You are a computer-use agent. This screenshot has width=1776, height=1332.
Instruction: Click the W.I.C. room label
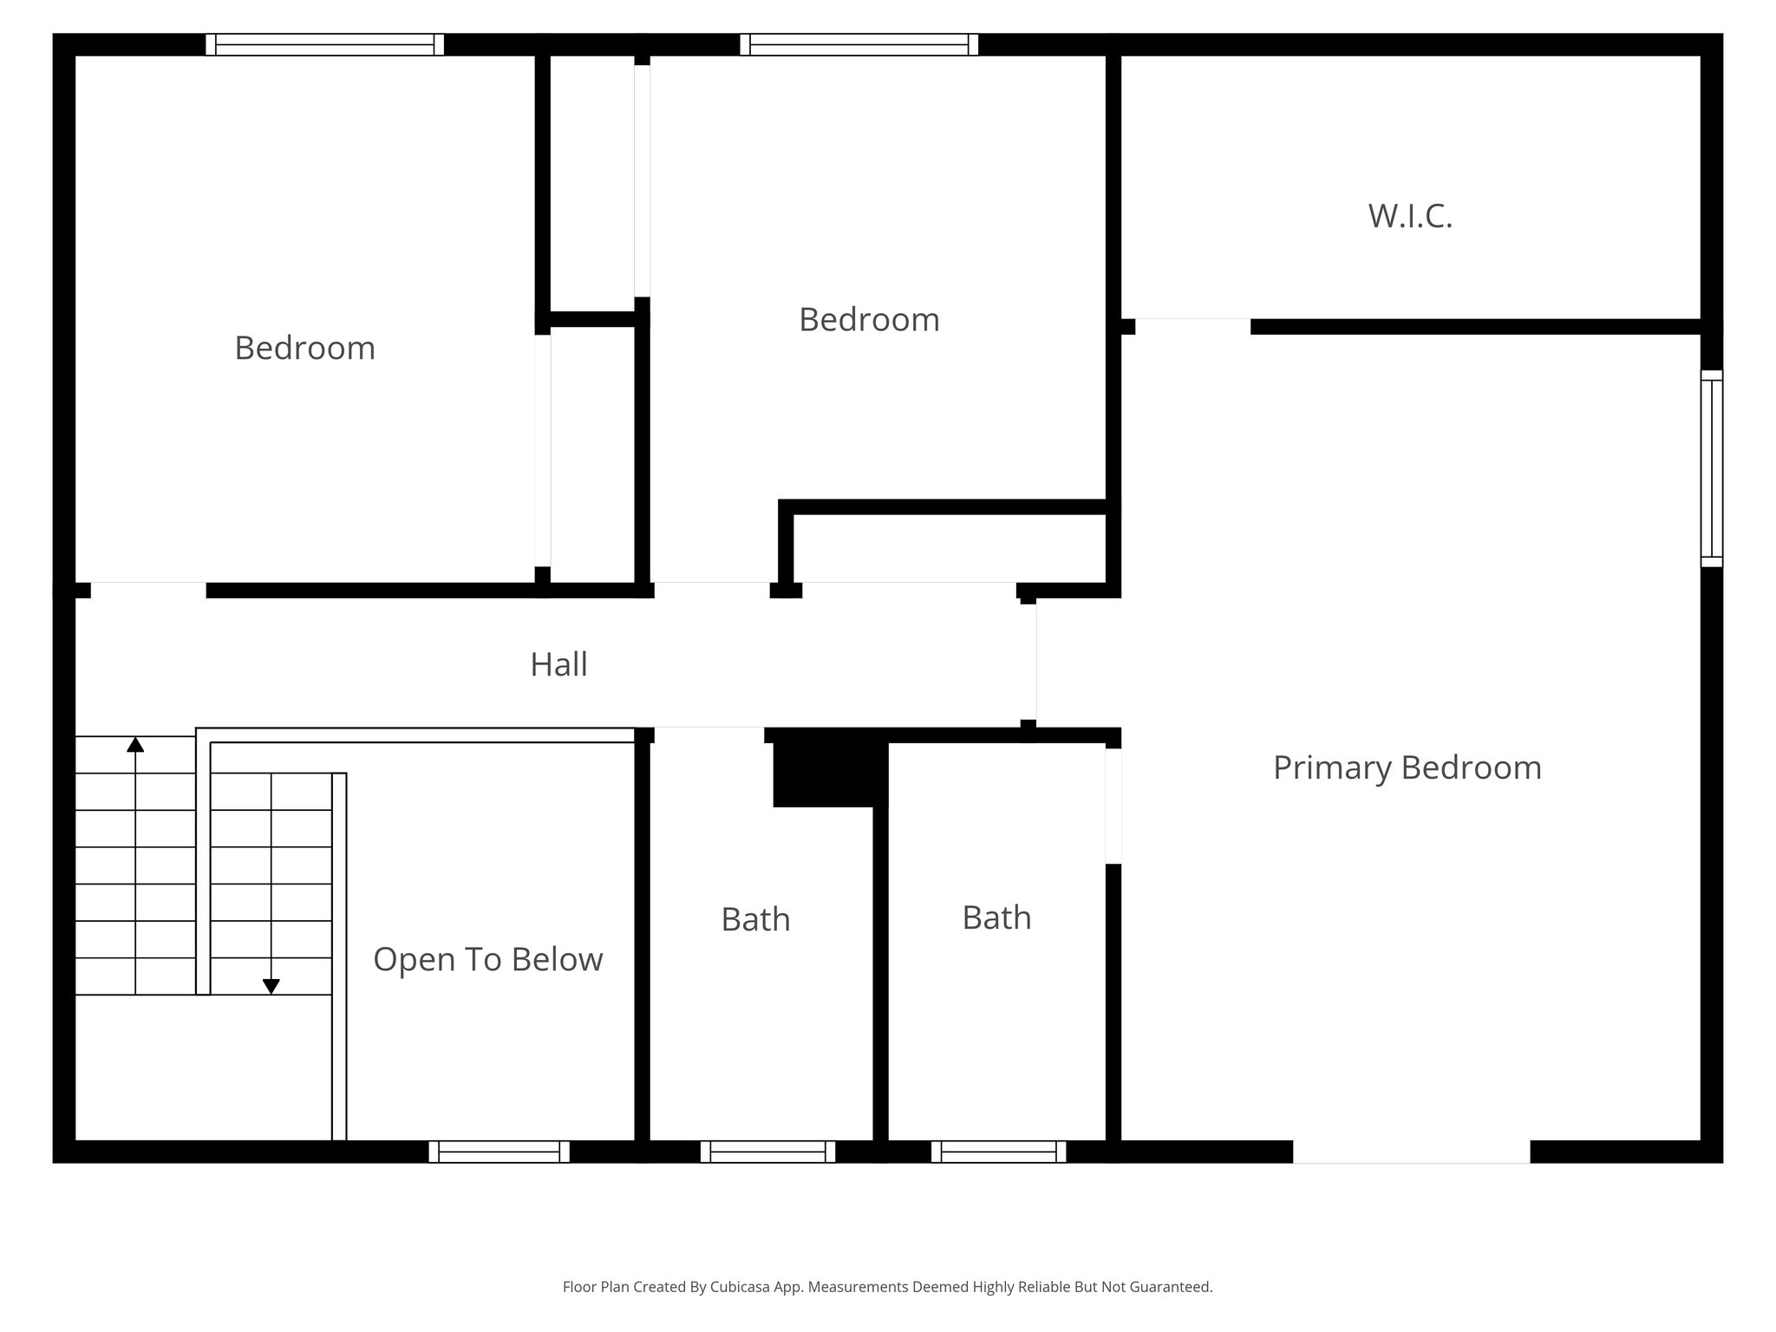pos(1410,216)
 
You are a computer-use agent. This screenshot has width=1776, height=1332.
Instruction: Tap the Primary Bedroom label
pos(1407,768)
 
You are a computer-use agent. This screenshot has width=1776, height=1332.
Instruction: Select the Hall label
pos(558,665)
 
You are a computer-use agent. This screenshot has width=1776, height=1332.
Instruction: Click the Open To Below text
pos(487,960)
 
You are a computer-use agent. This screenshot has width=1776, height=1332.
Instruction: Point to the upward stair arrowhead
pos(135,744)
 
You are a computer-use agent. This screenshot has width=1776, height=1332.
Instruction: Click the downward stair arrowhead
pos(271,986)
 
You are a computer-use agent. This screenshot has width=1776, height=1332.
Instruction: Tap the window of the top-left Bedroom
pos(324,44)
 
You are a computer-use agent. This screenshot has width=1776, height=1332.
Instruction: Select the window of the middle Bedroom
pos(859,44)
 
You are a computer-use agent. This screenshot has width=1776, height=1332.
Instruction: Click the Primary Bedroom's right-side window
pos(1711,468)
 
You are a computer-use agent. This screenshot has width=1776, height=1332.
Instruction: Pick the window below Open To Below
pos(499,1152)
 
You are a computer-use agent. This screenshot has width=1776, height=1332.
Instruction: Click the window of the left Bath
pos(767,1152)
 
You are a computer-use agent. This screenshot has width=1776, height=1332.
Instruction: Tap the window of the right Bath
pos(998,1152)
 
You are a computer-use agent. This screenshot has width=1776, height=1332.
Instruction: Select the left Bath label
pos(755,920)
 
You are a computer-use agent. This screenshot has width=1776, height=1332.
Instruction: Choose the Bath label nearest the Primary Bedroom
pos(996,918)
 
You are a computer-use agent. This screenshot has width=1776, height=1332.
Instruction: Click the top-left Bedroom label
pos(304,349)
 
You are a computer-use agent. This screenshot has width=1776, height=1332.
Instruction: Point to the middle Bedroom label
pos(869,320)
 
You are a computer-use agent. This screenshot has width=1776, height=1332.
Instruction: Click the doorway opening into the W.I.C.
pos(1192,326)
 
